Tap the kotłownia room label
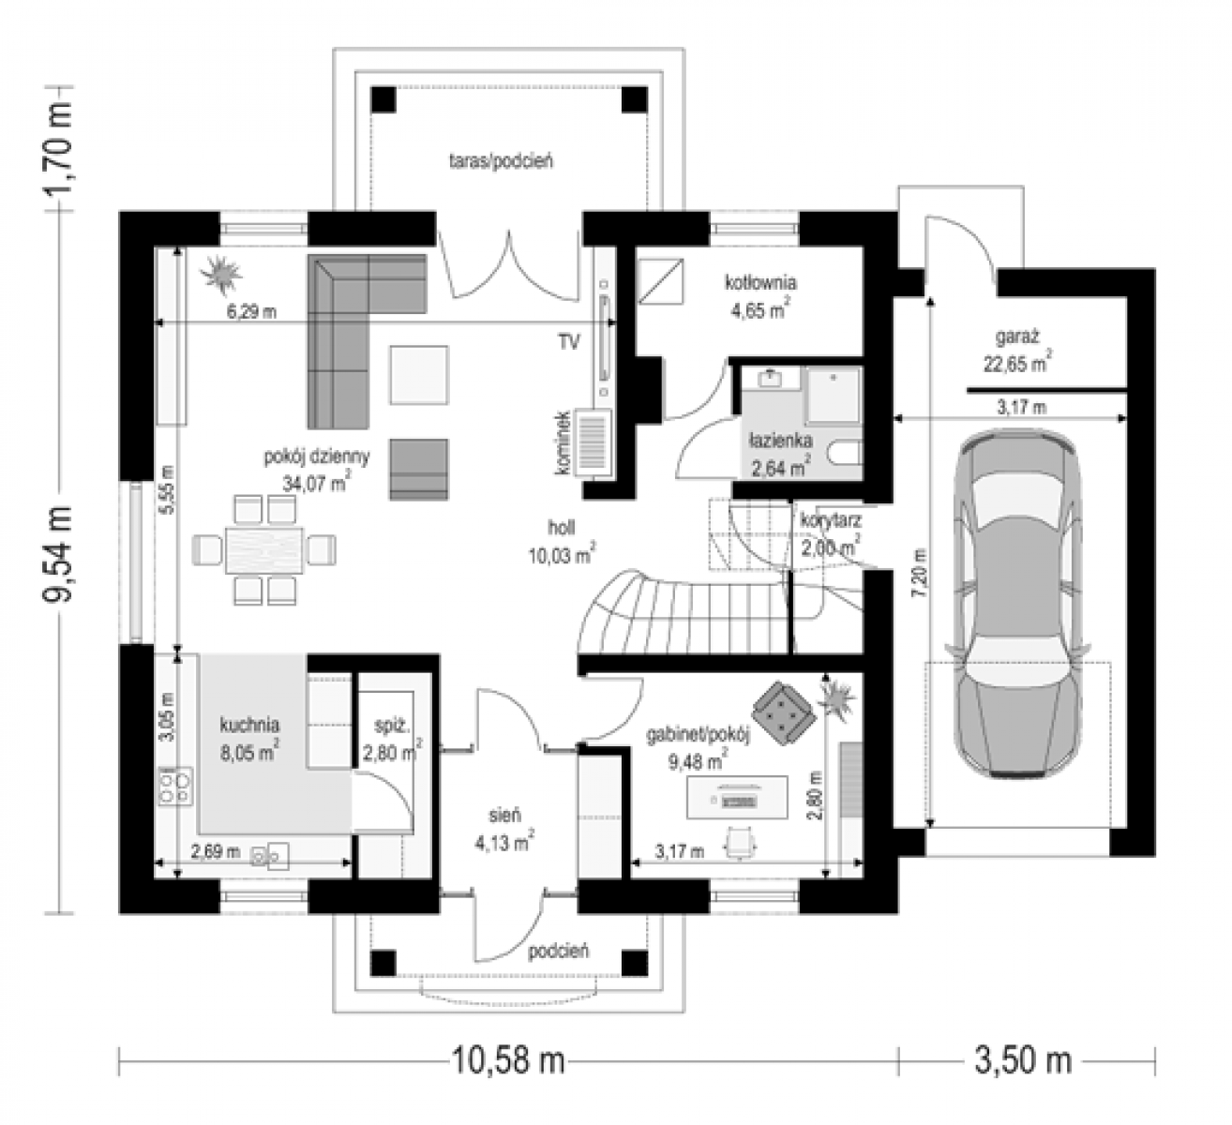tap(761, 282)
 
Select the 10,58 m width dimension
tap(508, 1060)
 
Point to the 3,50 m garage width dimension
tap(1023, 1060)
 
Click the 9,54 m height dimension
tap(58, 554)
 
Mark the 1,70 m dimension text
tap(58, 148)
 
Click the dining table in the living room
tap(264, 549)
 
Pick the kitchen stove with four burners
tap(175, 786)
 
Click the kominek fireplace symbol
tap(592, 442)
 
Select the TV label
tap(569, 342)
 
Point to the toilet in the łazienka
tap(846, 454)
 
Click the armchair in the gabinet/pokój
tap(784, 712)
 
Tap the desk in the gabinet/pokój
tap(737, 797)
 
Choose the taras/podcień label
tap(502, 161)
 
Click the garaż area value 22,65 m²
tap(1017, 363)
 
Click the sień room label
tap(504, 816)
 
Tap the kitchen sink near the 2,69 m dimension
tap(271, 855)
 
